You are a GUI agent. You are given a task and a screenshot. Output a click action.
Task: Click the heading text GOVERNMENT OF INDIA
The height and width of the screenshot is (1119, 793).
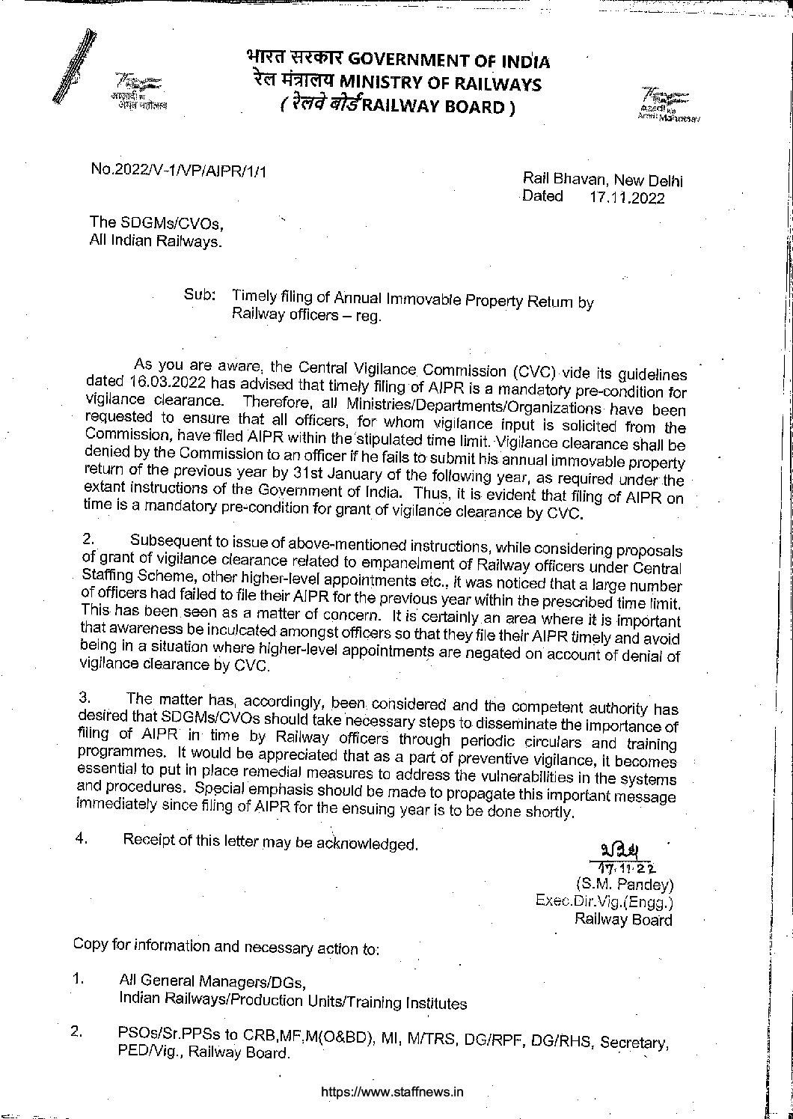pos(449,61)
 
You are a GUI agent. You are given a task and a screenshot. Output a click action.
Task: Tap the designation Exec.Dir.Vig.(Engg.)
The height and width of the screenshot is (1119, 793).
pos(604,901)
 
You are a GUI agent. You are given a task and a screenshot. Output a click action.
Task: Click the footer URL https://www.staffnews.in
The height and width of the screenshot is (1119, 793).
pos(392,1091)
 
